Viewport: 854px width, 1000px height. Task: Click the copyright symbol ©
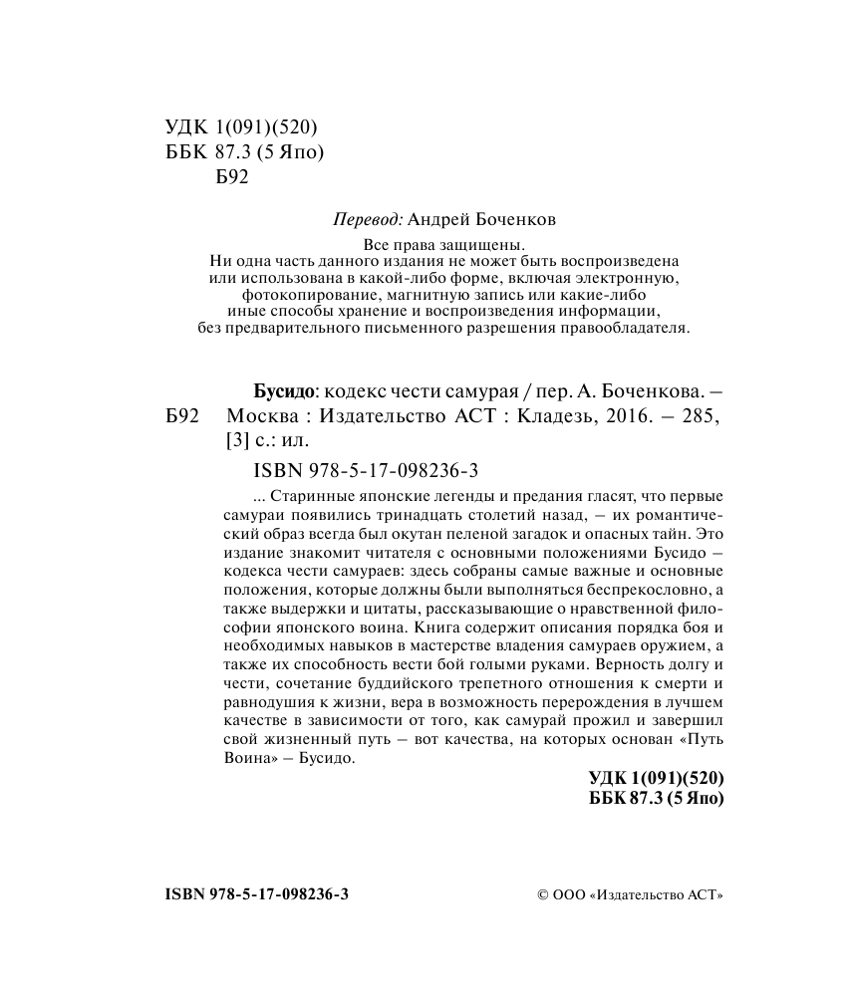click(x=543, y=894)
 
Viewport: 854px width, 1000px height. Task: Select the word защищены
click(x=489, y=244)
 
